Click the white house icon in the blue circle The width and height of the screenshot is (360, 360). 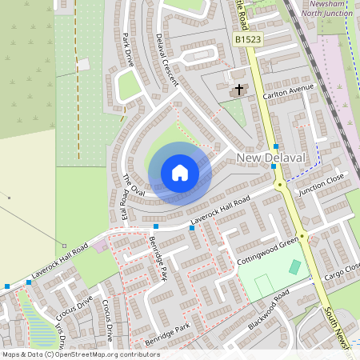point(179,173)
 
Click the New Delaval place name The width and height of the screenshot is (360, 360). point(271,158)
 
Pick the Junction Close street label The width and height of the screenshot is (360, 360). point(320,186)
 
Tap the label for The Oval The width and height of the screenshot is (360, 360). point(133,185)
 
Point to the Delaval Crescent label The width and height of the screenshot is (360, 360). point(167,51)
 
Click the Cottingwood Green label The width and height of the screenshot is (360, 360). point(267,250)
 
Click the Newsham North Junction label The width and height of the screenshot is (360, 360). point(331,9)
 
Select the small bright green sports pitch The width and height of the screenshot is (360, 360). point(295,267)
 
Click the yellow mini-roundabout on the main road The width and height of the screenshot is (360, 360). point(280,184)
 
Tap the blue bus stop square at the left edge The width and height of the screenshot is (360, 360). point(7,286)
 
